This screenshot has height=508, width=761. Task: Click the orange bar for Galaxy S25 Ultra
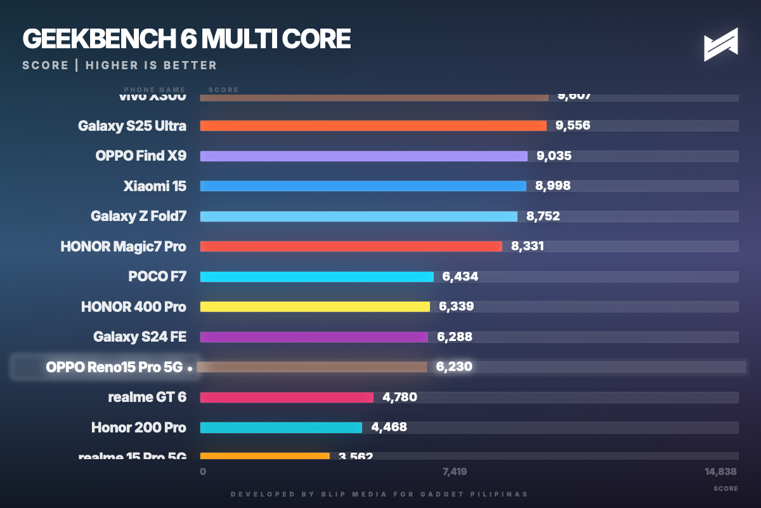[373, 126]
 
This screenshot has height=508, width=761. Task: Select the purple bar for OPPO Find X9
[363, 156]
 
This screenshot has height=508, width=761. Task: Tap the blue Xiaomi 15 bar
[363, 186]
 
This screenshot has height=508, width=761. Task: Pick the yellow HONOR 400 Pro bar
[315, 307]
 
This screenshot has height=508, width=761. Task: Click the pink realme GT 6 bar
[287, 398]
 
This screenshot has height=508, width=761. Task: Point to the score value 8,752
[543, 217]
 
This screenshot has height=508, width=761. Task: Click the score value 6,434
[460, 276]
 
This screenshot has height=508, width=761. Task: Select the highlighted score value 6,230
[454, 366]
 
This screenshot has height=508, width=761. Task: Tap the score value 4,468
[389, 427]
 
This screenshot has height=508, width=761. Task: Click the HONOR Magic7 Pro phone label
[123, 246]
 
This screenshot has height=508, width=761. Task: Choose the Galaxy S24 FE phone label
[140, 337]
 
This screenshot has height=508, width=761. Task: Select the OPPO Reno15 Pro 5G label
[114, 367]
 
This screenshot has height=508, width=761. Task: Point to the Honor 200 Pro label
[138, 427]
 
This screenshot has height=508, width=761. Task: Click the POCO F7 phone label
[157, 276]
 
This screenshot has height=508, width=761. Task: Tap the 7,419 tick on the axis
[455, 472]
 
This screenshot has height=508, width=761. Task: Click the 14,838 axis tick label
[721, 472]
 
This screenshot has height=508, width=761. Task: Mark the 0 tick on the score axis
[203, 472]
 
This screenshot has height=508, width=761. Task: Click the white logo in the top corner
[721, 44]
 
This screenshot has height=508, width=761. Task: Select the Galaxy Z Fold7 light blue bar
[358, 217]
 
